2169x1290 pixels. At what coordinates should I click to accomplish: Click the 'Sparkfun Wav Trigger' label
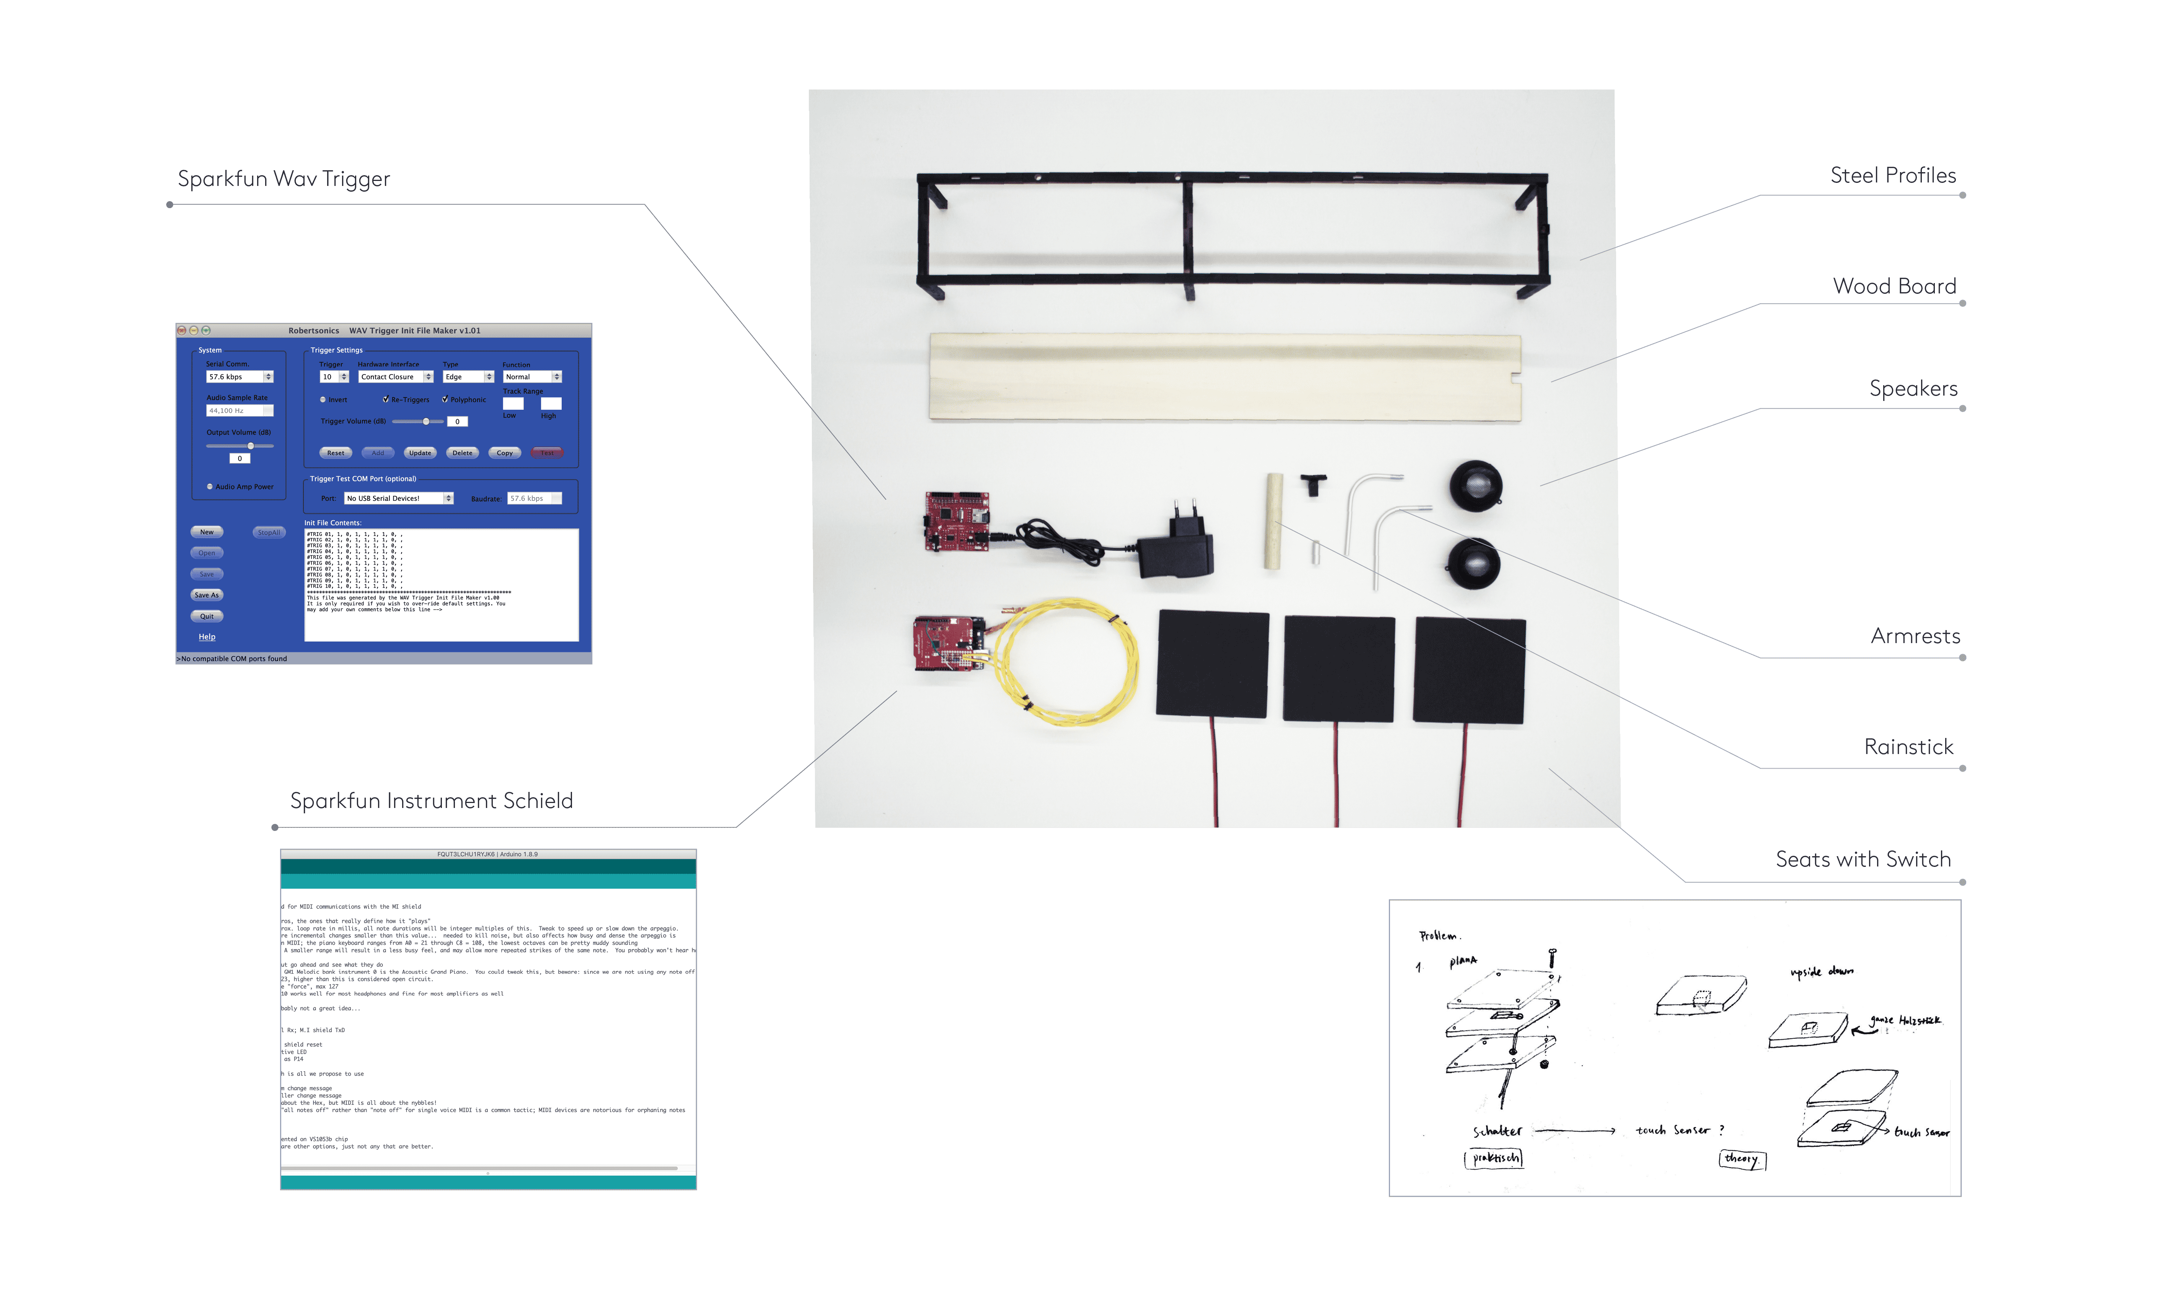click(x=284, y=179)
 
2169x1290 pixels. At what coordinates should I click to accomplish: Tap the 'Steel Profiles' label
click(x=1892, y=176)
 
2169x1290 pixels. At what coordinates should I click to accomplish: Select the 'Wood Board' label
click(x=1894, y=286)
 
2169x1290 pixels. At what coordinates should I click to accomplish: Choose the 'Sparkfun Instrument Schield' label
click(x=431, y=801)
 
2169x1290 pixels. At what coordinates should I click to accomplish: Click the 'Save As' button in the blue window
click(x=207, y=595)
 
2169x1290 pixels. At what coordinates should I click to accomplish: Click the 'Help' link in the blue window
click(x=207, y=637)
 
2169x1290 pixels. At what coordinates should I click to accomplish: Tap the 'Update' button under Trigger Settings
click(x=420, y=453)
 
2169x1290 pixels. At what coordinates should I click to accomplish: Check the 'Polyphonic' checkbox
click(x=445, y=399)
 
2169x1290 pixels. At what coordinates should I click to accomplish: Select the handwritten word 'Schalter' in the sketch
click(x=1497, y=1131)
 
